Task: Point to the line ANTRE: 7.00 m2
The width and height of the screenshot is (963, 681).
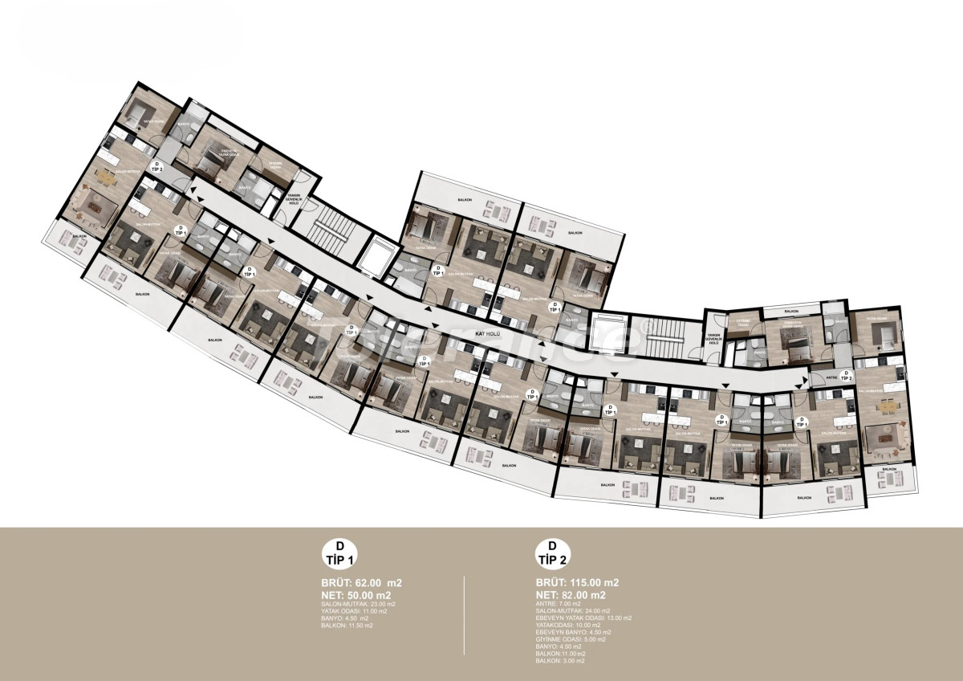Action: (x=559, y=603)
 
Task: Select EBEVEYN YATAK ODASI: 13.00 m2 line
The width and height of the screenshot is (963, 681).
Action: (x=583, y=618)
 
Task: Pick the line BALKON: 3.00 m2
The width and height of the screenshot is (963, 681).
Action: (x=560, y=661)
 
